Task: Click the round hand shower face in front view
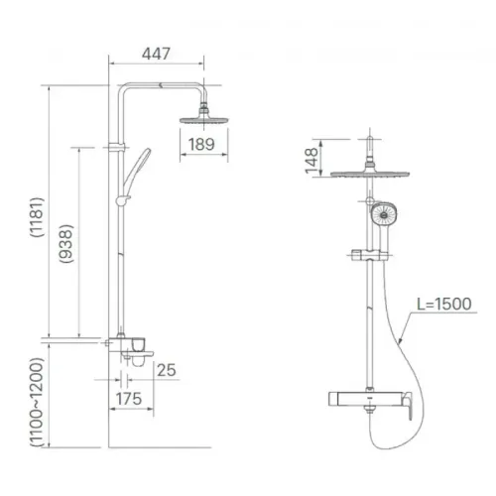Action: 382,215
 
